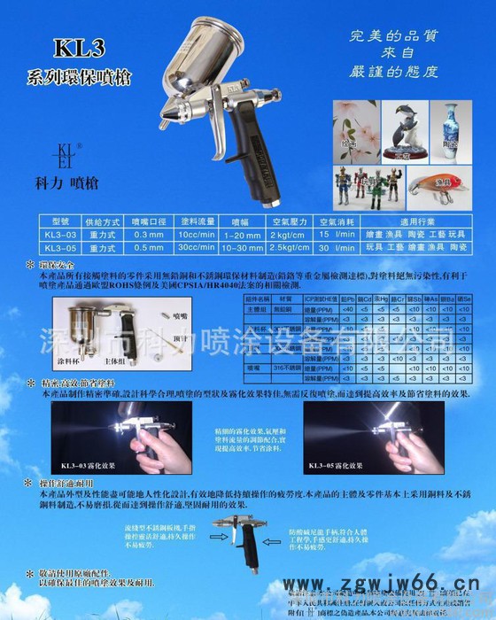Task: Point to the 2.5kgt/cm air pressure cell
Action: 287,249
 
